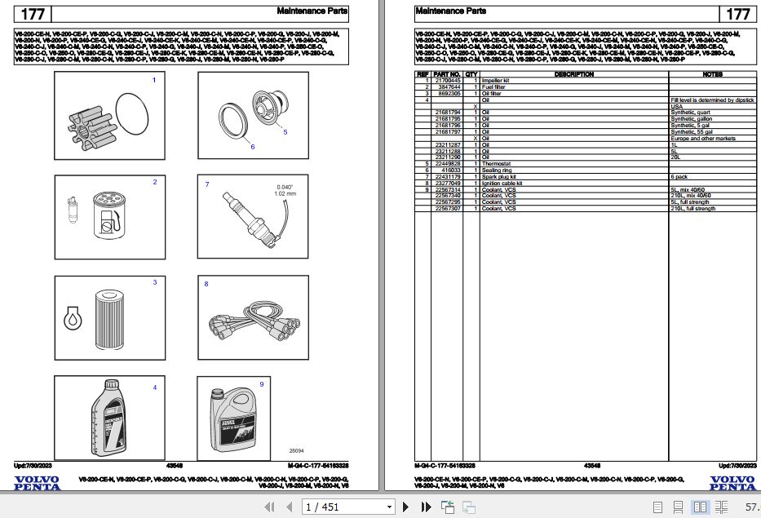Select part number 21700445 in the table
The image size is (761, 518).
[x=447, y=81]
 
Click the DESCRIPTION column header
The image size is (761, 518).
[x=574, y=74]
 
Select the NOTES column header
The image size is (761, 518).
[x=712, y=74]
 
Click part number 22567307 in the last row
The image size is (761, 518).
[x=447, y=209]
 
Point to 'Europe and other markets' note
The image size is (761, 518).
[x=702, y=138]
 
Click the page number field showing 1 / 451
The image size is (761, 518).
[x=347, y=507]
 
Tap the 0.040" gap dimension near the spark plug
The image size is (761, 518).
[x=285, y=187]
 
